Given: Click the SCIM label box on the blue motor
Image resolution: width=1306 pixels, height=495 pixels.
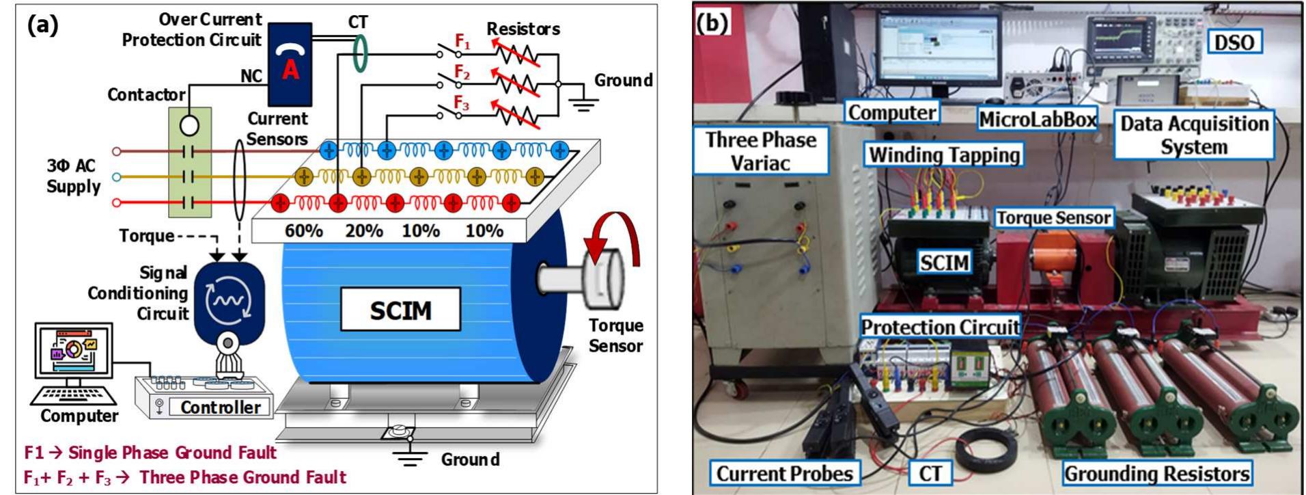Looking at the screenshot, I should (x=400, y=310).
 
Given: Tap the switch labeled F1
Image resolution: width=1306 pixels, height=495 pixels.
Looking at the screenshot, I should (x=448, y=52).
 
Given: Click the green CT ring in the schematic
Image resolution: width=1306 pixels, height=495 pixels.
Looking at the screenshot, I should (x=360, y=53).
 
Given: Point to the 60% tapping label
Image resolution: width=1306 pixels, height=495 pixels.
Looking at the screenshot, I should (x=303, y=230).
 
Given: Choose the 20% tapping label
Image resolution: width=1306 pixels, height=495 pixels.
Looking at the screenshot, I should (x=363, y=230).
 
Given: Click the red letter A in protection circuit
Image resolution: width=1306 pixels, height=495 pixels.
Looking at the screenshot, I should (x=290, y=68).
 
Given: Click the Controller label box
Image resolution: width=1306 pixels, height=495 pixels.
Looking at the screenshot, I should (x=220, y=407).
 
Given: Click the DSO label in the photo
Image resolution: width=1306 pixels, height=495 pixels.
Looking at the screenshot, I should (x=1234, y=42).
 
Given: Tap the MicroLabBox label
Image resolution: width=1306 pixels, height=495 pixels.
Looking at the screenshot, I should (x=1037, y=119).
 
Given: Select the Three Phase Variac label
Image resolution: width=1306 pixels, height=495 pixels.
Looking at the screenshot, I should (x=760, y=151).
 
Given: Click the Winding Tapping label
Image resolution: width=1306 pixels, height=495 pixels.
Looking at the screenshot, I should (x=945, y=155).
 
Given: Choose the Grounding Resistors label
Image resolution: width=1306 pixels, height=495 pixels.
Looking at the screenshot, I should (x=1156, y=473).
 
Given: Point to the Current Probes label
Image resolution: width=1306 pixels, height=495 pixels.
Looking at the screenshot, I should (x=784, y=473).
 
